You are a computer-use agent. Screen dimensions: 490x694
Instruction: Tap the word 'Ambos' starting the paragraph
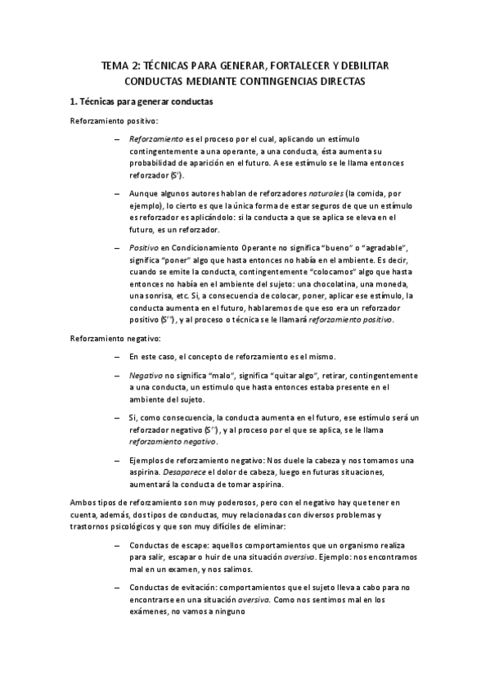(x=83, y=502)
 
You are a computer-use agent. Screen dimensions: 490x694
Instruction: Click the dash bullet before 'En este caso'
(x=118, y=357)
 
